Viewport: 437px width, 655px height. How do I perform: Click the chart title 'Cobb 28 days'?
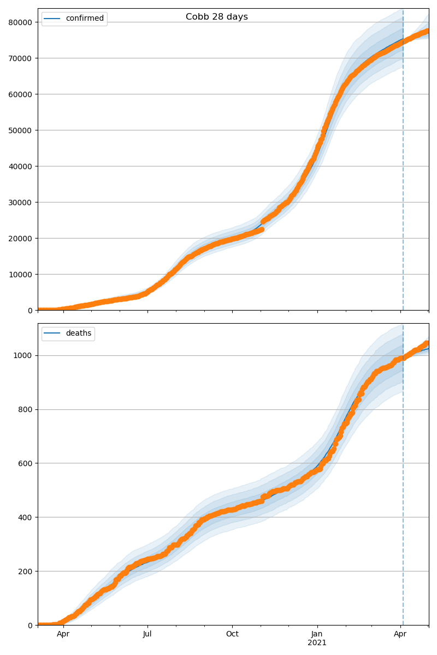pos(217,17)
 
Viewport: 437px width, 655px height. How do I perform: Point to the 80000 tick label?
pos(21,22)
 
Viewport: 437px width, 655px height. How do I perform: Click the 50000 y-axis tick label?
pos(21,130)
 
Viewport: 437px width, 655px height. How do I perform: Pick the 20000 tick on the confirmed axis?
pos(21,238)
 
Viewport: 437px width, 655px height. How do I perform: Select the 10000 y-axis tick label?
pos(21,274)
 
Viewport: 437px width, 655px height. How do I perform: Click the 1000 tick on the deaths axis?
pos(25,355)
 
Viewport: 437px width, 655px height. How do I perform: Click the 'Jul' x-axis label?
pos(147,634)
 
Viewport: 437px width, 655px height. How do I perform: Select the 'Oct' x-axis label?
pos(232,634)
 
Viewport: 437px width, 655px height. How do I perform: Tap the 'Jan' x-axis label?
pos(317,634)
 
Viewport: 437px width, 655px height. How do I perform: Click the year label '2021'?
pos(317,643)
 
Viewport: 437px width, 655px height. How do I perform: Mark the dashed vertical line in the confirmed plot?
pos(403,164)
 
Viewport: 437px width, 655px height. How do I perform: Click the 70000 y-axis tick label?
pos(21,58)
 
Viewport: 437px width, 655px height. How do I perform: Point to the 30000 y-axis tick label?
pos(21,202)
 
